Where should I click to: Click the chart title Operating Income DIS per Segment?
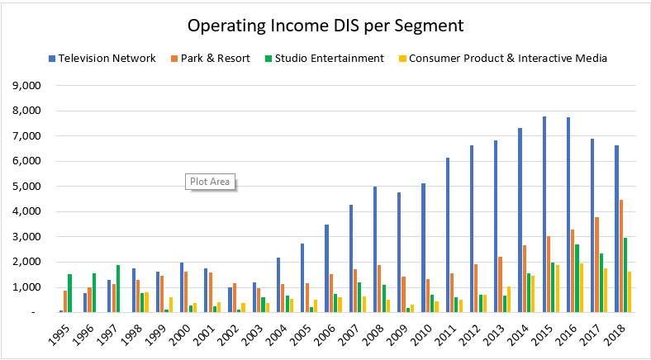click(325, 26)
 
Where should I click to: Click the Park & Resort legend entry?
click(210, 58)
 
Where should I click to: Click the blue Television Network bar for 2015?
click(544, 214)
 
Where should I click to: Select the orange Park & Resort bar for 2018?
click(622, 256)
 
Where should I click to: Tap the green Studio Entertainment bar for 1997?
click(118, 288)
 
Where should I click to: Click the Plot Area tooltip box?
click(209, 181)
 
